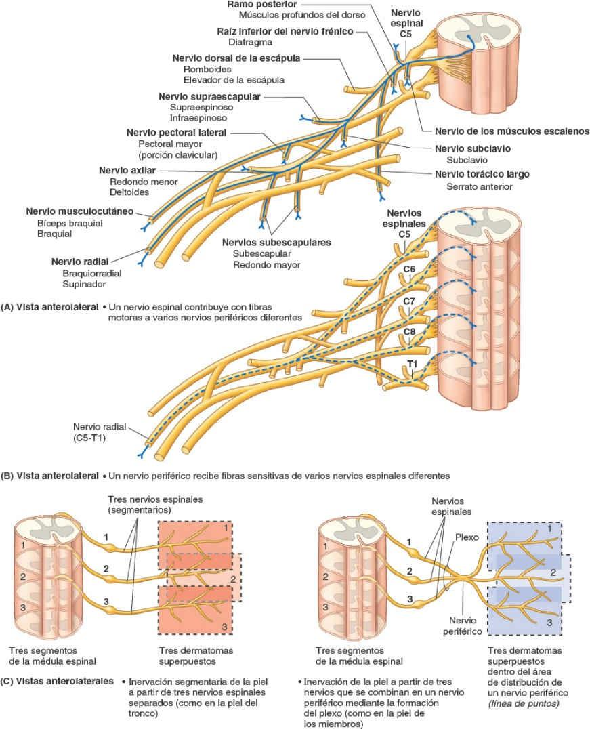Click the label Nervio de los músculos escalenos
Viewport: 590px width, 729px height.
pos(502,131)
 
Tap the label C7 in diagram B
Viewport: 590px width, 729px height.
pos(409,300)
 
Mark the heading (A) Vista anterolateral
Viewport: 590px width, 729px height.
pos(51,306)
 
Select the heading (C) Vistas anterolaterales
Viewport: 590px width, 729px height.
pos(57,680)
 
